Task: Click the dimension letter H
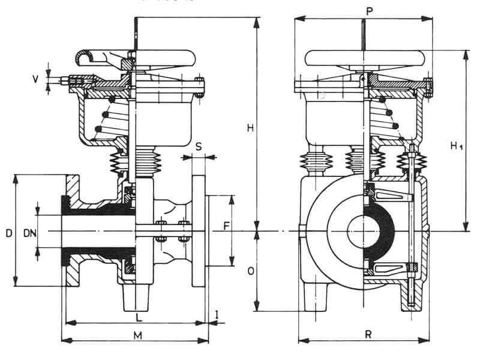[x=250, y=127]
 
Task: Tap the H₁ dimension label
[x=458, y=146]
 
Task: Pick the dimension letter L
[x=139, y=316]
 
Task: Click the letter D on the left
[x=7, y=232]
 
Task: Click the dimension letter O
[x=250, y=271]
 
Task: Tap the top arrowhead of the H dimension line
[x=257, y=22]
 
